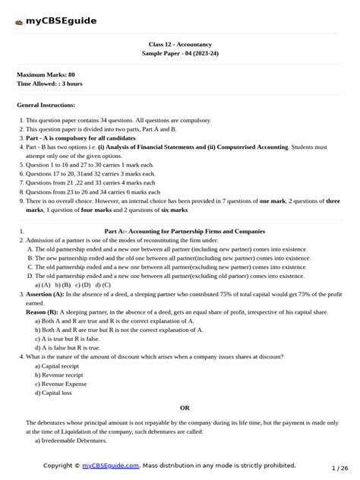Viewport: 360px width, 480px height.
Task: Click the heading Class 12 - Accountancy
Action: coord(180,45)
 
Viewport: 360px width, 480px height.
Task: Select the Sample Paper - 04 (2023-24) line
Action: coord(180,54)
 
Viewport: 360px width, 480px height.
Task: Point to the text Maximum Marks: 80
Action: coord(46,74)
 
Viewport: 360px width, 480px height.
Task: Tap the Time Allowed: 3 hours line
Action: coord(49,84)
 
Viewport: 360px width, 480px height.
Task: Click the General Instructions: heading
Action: coord(46,105)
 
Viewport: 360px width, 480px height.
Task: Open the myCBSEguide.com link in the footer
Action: coord(111,465)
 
